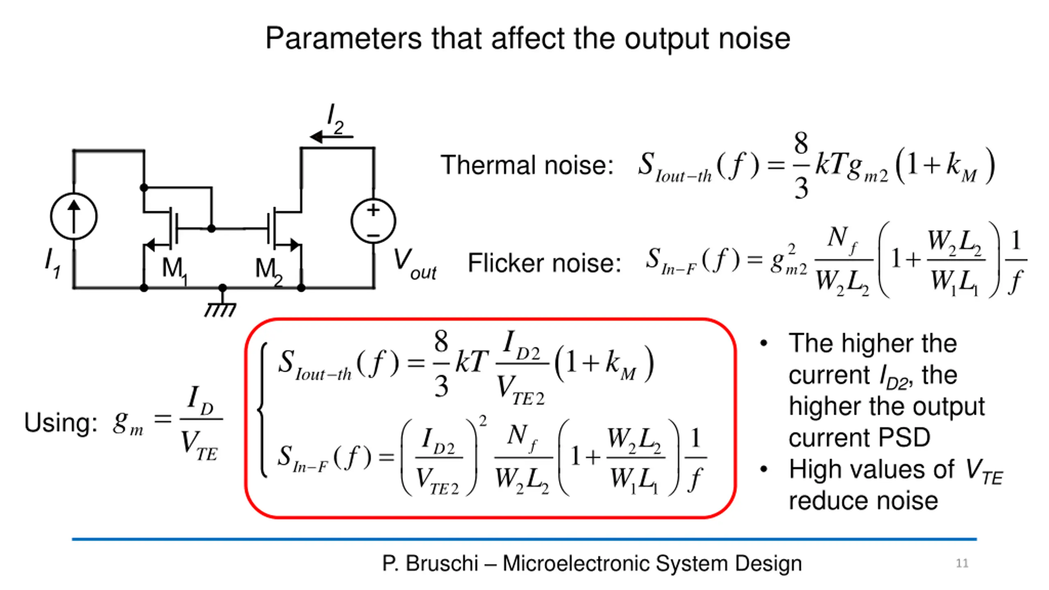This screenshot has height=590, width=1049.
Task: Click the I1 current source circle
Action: point(74,216)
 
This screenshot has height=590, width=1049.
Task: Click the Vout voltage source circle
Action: point(373,221)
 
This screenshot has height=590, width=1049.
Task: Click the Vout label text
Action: point(414,264)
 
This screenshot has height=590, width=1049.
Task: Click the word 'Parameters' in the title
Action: point(343,39)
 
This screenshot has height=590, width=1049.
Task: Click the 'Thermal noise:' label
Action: point(527,165)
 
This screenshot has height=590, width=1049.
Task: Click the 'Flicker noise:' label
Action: point(544,263)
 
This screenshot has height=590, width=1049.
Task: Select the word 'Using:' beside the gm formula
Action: point(61,422)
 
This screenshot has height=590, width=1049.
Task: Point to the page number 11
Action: point(962,563)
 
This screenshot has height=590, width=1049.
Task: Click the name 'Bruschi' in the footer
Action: point(442,563)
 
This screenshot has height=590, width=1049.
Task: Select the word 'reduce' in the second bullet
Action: point(824,501)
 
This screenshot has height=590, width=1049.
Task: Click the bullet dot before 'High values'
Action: point(763,469)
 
